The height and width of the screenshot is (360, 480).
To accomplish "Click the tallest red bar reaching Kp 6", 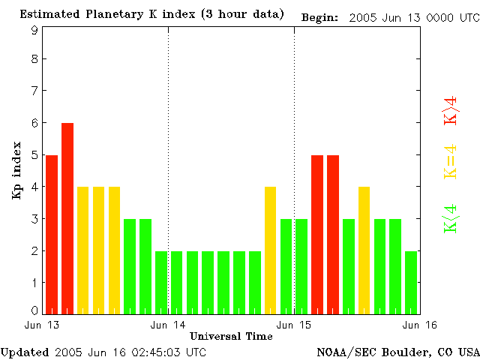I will [67, 217].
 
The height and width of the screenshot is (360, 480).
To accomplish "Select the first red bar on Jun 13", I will [52, 234].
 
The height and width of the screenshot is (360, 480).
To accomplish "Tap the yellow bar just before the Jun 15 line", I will [271, 250].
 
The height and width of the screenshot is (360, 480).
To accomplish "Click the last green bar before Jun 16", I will [411, 282].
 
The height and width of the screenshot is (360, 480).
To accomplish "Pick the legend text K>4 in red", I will [450, 110].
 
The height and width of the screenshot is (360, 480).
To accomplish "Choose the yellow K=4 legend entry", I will [450, 161].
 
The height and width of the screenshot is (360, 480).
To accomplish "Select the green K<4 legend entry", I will [450, 218].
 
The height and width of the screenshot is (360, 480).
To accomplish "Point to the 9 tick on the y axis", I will [34, 31].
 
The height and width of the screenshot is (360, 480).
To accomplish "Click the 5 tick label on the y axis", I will [34, 155].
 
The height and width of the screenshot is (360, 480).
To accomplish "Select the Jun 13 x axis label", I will [42, 325].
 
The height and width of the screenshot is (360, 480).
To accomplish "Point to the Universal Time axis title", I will [231, 336].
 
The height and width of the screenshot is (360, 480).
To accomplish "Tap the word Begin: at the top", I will [320, 16].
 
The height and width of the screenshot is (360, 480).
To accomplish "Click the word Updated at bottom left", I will [25, 352].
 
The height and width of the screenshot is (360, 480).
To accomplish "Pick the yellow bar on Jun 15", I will [364, 250].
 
